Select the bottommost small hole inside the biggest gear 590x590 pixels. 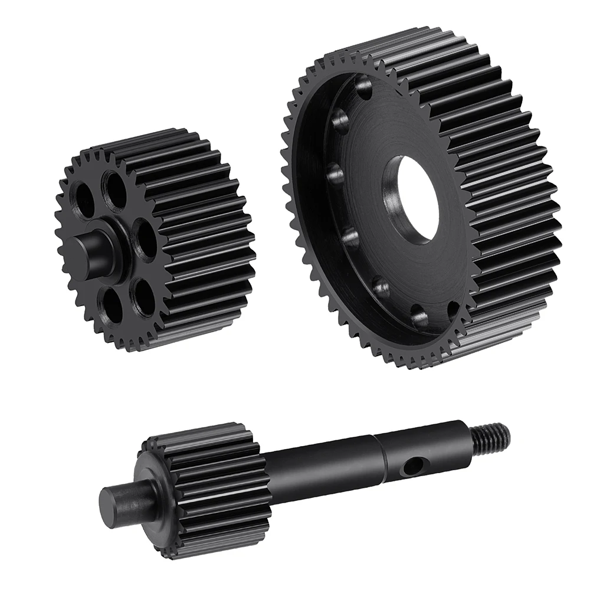[420, 319]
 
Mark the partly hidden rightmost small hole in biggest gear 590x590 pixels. [453, 310]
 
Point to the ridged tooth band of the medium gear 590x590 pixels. [195, 236]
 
